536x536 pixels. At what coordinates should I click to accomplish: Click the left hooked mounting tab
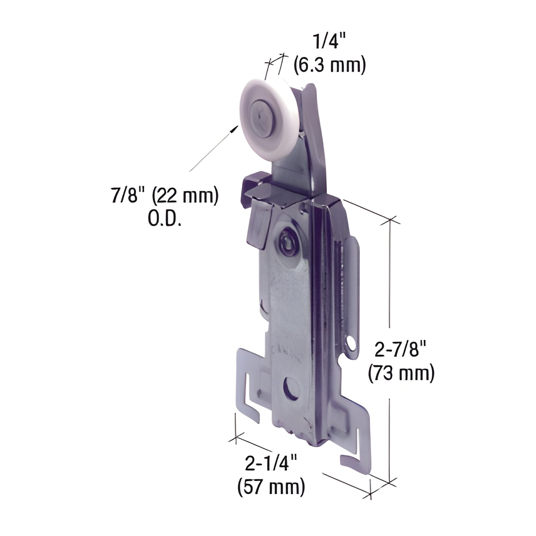click(x=247, y=378)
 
